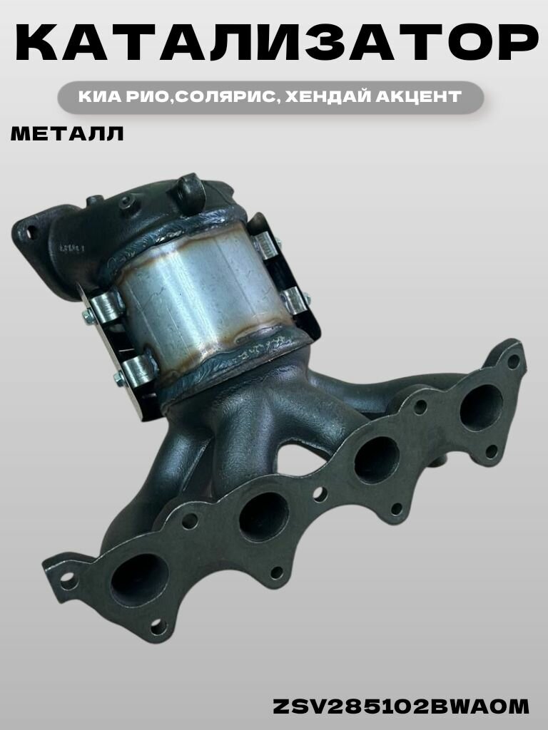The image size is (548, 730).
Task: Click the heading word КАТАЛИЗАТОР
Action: tap(277, 42)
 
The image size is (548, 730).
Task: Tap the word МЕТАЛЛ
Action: tap(67, 134)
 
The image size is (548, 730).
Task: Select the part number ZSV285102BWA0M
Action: tap(401, 706)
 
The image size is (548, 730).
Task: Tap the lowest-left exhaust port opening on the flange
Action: tap(139, 580)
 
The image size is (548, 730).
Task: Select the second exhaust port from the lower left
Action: tap(264, 516)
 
